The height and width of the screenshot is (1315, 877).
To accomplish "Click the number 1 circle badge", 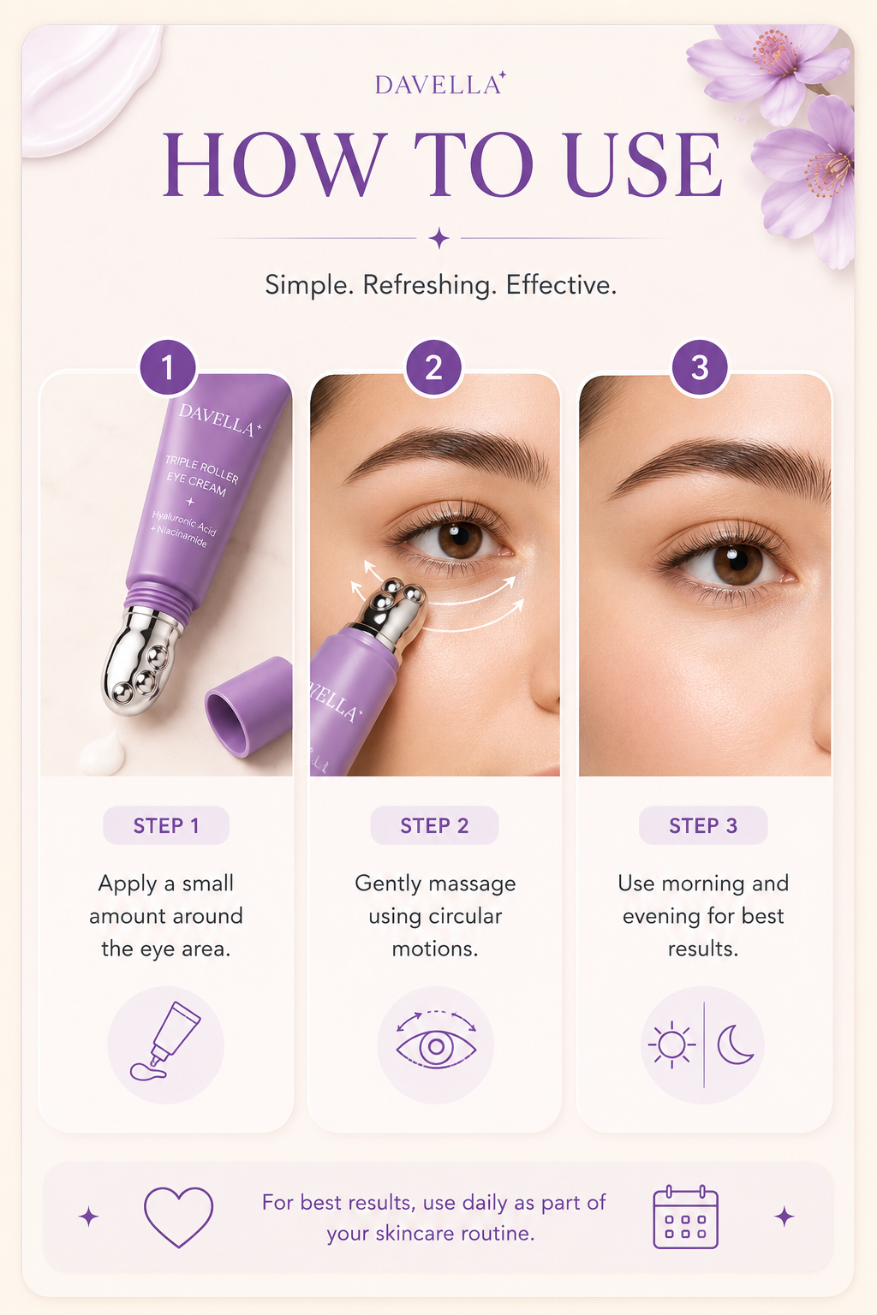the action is click(167, 367).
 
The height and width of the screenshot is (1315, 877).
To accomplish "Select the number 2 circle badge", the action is click(434, 367).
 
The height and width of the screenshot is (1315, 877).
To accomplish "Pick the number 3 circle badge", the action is click(700, 367).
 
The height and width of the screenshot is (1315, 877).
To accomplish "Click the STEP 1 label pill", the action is click(166, 825).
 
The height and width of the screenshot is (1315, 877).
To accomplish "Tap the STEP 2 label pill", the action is click(435, 825).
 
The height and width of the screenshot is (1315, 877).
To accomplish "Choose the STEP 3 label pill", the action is click(703, 825).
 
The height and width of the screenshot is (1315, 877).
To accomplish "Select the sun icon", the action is click(671, 1045).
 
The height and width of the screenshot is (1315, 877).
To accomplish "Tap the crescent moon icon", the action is click(734, 1044).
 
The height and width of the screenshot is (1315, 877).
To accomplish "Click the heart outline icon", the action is click(179, 1217).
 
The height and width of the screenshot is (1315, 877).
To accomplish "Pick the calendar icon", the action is click(685, 1217).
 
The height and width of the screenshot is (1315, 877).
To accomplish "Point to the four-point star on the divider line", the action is click(438, 238).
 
